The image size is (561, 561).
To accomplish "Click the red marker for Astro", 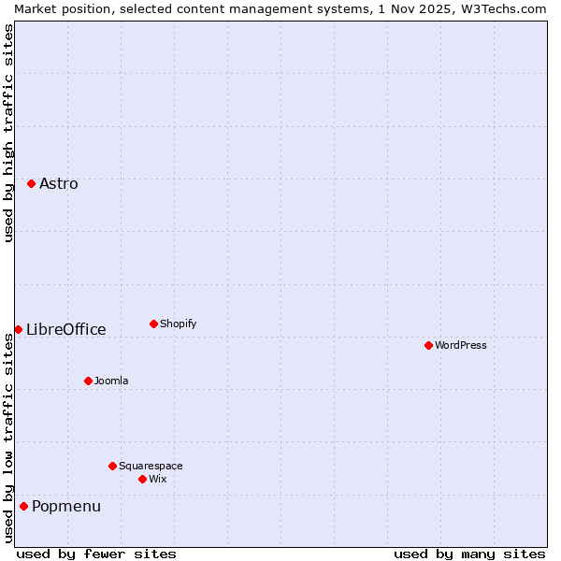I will coord(31,183).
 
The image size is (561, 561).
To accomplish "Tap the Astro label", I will coord(59,184).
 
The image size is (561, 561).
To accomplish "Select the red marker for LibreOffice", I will coord(18,329).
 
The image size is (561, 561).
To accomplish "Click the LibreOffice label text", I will coord(66,330).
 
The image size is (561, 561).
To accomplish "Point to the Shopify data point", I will coord(153,324).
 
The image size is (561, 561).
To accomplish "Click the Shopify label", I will coord(179,324).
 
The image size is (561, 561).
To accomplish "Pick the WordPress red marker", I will coord(428,345).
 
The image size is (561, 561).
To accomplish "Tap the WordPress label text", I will coord(461,346).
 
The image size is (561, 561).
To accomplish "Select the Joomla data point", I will coord(88,381).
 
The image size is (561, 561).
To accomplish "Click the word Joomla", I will coord(111,381).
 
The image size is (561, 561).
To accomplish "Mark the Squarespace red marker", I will coord(112,466).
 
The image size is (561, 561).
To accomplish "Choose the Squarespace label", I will coord(151,467).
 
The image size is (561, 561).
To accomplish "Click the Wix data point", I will coord(142,479).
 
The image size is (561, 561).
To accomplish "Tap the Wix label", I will coord(158,480).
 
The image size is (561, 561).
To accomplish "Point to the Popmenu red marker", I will coord(23,506).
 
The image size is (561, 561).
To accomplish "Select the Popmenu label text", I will coord(66,507).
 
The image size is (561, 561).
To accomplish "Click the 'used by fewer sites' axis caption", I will coord(96,554).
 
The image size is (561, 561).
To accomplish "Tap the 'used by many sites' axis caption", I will coord(469,554).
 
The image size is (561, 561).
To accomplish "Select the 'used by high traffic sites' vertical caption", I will coord(8,133).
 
